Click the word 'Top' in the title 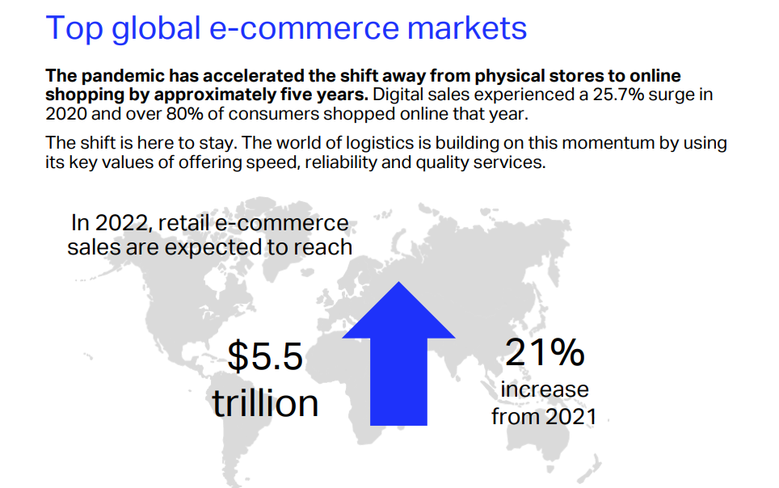[74, 29]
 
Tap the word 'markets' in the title [467, 27]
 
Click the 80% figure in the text [184, 114]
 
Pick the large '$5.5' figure [265, 356]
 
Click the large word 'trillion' [265, 402]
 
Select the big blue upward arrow [398, 354]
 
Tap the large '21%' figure [545, 352]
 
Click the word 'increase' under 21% [545, 389]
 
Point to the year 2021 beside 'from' [571, 416]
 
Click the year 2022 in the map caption [121, 223]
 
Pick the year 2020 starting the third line [66, 114]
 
